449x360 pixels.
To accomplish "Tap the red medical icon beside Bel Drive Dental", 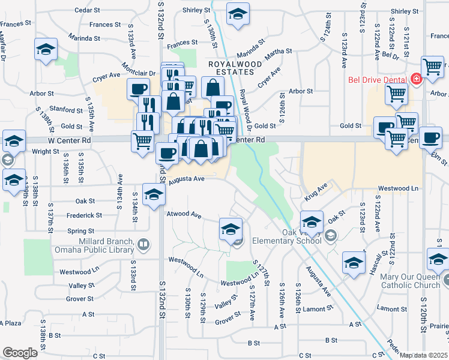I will click(416, 79).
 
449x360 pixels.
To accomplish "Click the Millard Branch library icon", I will click(143, 244).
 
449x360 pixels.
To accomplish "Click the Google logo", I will click(20, 353).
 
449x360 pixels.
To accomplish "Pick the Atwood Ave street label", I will click(184, 214).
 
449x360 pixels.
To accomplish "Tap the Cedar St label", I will click(87, 11).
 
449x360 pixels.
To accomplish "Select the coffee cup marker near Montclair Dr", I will click(138, 89).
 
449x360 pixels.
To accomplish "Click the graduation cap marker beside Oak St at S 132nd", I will click(154, 194).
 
